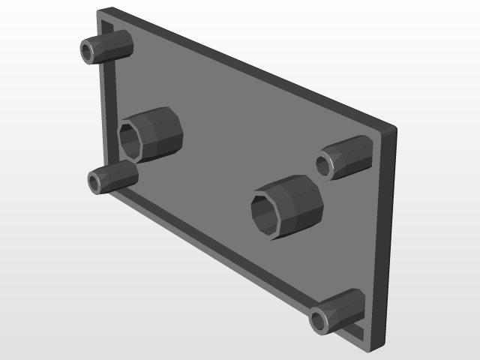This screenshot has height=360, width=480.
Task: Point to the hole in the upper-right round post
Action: point(324,164)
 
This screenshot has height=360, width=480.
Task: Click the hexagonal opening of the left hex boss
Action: point(131,141)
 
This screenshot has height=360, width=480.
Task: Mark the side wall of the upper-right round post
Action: point(352,153)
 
